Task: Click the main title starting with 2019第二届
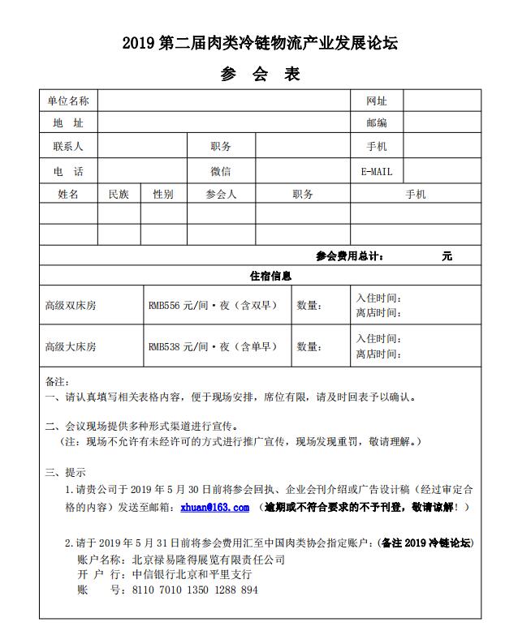(x=260, y=42)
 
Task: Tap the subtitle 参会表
(x=260, y=75)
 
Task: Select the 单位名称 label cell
(x=68, y=101)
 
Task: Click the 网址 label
(x=377, y=101)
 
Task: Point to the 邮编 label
(x=377, y=123)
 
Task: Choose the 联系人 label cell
(x=68, y=147)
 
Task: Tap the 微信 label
(x=221, y=171)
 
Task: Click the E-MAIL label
(x=377, y=172)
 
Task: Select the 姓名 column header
(x=68, y=195)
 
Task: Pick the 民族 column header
(x=119, y=195)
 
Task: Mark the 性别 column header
(x=163, y=195)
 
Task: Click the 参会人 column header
(x=221, y=195)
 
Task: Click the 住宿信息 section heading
(x=270, y=276)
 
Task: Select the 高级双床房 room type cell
(x=71, y=306)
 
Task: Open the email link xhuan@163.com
(x=214, y=507)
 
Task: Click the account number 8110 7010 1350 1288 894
(x=195, y=590)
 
